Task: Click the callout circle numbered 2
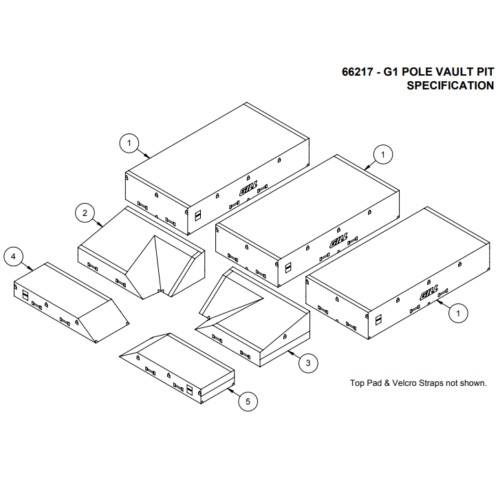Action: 85,213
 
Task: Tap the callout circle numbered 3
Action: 308,362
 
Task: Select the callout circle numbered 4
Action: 13,257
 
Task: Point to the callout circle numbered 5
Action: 248,401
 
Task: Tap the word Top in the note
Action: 358,383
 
